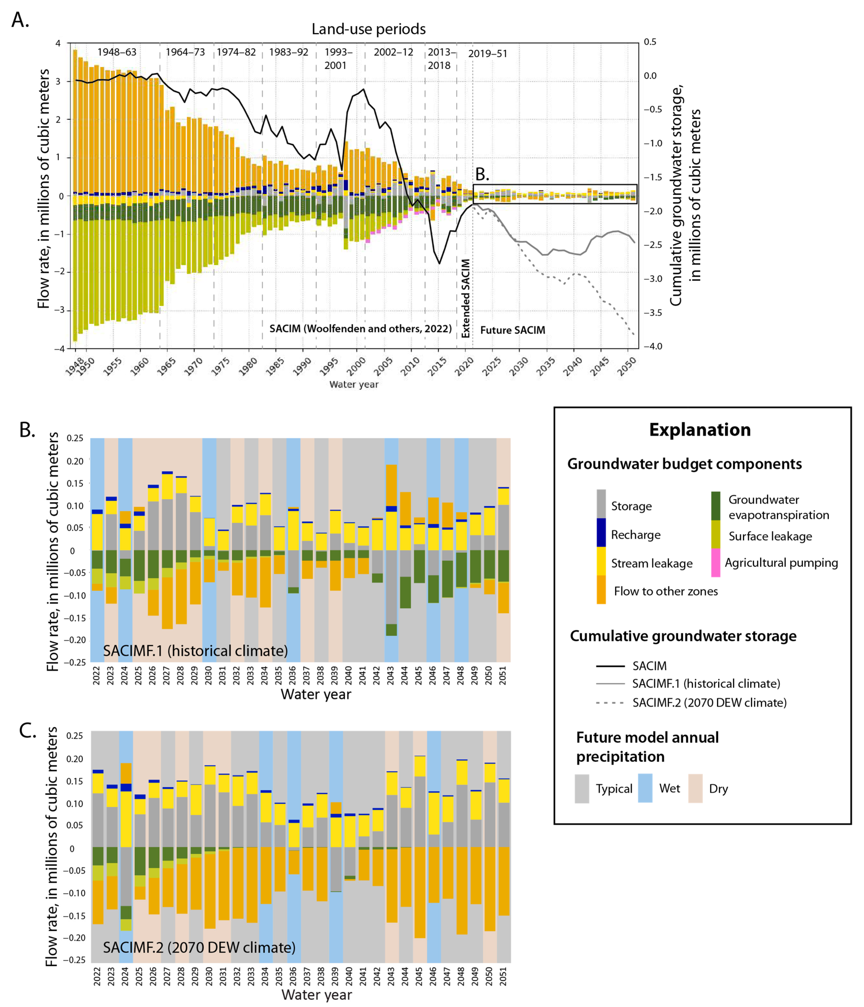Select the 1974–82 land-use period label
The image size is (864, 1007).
click(x=236, y=52)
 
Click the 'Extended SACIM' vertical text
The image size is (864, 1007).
click(x=465, y=298)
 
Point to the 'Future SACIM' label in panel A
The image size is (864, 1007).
click(x=513, y=330)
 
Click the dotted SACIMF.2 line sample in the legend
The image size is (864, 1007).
click(x=610, y=703)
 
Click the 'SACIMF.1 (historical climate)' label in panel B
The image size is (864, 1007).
click(x=195, y=651)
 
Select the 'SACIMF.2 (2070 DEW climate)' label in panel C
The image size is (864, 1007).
click(x=199, y=948)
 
